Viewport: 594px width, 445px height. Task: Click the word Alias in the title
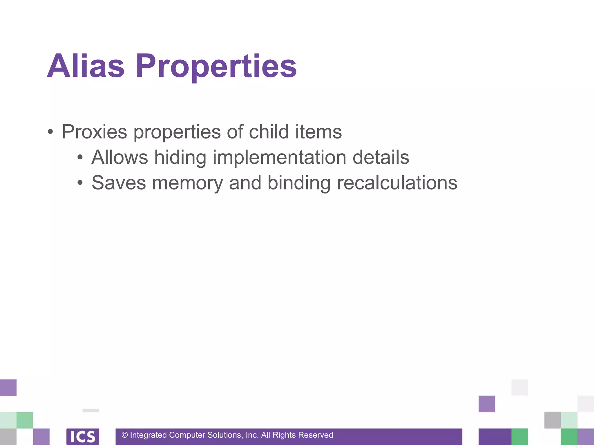(86, 66)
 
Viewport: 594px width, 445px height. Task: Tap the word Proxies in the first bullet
(94, 132)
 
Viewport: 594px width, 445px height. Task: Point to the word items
(318, 132)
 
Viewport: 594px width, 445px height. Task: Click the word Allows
(120, 157)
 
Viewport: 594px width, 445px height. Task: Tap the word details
(381, 157)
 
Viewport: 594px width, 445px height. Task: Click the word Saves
(119, 183)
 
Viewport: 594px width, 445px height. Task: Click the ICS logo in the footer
(83, 436)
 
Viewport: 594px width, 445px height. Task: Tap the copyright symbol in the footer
(125, 435)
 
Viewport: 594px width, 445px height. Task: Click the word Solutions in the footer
(225, 435)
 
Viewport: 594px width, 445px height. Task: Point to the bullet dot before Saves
(80, 183)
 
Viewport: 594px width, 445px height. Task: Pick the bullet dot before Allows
(80, 158)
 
